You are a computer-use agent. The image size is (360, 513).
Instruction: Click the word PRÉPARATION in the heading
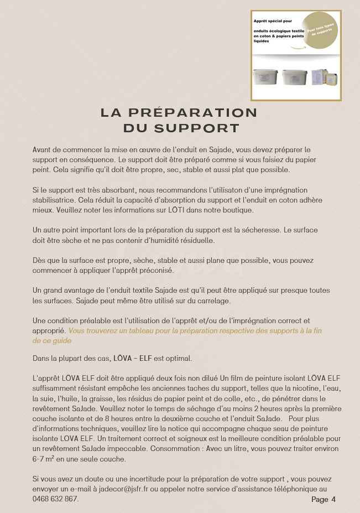click(192, 113)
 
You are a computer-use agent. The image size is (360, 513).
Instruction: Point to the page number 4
click(333, 500)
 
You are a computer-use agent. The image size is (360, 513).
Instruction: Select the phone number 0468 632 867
click(55, 499)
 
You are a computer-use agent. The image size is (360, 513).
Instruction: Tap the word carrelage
click(199, 300)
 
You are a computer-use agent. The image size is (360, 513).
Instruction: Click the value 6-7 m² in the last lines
click(44, 459)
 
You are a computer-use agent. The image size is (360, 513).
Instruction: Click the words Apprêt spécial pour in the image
click(273, 20)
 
